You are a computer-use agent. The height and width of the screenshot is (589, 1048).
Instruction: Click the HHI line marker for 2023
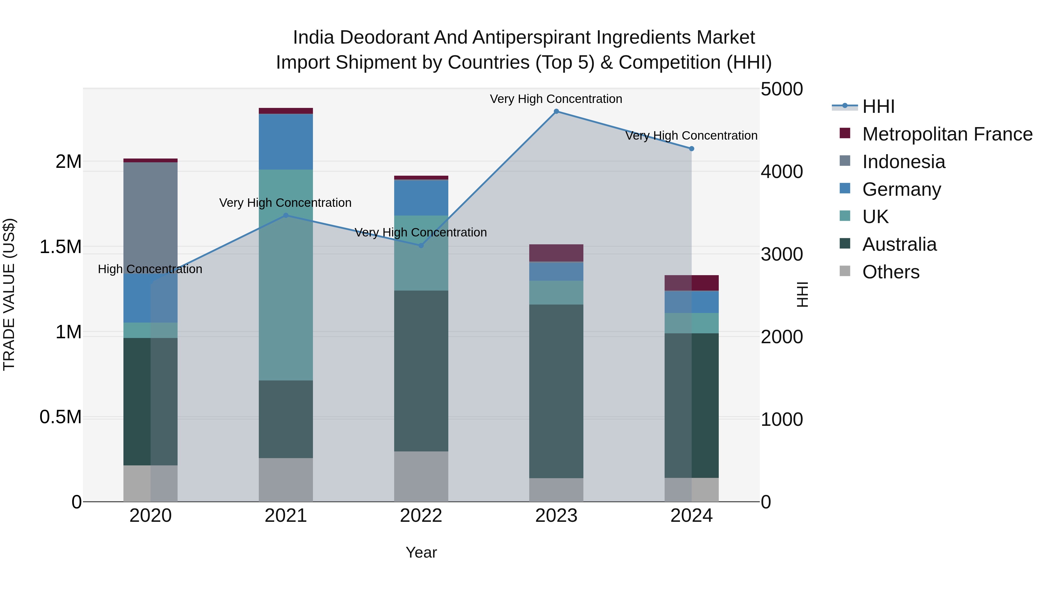(556, 111)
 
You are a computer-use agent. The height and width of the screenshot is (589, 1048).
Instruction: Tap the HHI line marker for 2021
(286, 216)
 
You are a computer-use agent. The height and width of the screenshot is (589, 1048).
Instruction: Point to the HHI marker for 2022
(421, 245)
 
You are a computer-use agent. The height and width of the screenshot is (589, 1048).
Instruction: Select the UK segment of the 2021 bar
(286, 275)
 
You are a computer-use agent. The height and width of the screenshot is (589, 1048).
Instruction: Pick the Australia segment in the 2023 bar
(556, 391)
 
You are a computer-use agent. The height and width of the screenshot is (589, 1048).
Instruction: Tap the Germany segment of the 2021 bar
(286, 141)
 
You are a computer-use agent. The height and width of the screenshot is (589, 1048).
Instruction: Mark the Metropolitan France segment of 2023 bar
(556, 253)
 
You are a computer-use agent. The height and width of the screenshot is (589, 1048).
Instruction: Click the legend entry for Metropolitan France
(947, 134)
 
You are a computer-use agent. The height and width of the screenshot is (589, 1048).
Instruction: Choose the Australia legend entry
(899, 244)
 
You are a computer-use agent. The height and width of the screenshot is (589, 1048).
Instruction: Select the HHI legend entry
(878, 106)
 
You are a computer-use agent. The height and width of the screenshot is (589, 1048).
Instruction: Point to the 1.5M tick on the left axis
(61, 247)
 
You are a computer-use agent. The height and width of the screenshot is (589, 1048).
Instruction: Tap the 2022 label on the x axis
(421, 516)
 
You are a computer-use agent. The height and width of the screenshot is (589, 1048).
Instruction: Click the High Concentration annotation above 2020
(150, 269)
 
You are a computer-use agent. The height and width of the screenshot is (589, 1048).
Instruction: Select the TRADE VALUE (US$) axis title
(9, 294)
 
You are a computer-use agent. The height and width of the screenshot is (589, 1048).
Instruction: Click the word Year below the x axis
(421, 552)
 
